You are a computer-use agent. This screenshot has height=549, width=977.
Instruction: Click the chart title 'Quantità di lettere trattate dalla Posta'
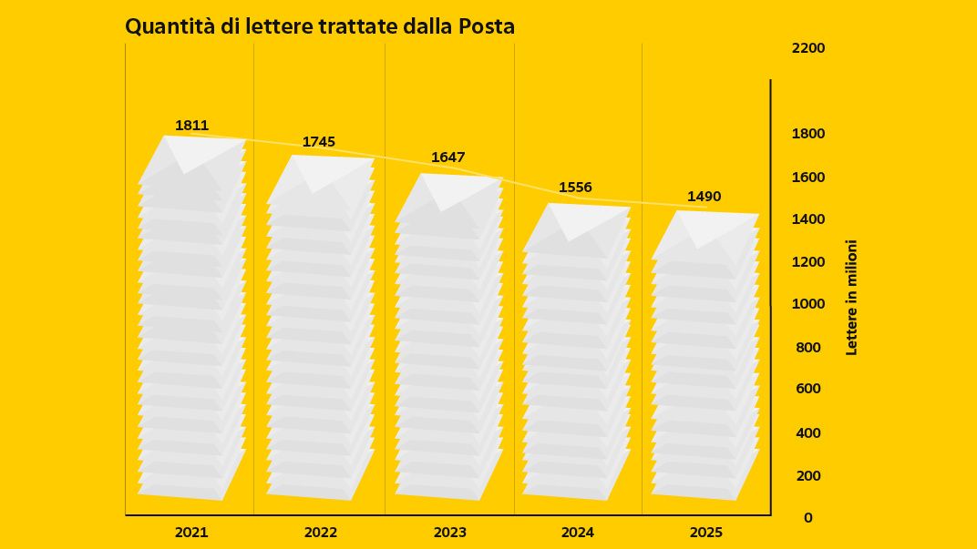[x=320, y=27]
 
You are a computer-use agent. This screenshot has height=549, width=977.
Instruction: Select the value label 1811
[x=192, y=126]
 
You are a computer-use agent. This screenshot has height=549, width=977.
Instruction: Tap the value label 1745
[x=319, y=142]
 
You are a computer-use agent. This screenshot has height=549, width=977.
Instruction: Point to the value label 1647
[x=448, y=158]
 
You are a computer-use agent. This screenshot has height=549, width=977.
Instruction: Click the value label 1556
[x=575, y=188]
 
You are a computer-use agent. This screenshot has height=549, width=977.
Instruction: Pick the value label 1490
[x=704, y=197]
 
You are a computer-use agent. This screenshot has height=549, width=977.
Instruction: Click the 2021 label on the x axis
[x=190, y=533]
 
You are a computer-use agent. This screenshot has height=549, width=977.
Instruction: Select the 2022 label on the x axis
[x=321, y=533]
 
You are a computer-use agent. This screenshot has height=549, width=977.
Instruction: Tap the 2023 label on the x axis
[x=449, y=533]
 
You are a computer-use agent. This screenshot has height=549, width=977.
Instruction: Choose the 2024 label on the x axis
[x=578, y=533]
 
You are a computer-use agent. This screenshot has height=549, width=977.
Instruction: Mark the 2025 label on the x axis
[x=706, y=533]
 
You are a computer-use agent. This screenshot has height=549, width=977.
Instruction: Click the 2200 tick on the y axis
[x=808, y=47]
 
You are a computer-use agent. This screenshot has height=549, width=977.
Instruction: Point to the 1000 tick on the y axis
[x=808, y=304]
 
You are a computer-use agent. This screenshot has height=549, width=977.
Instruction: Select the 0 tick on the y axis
[x=808, y=518]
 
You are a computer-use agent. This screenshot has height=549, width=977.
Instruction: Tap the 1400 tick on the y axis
[x=808, y=219]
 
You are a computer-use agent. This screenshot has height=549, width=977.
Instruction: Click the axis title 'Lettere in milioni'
[x=852, y=298]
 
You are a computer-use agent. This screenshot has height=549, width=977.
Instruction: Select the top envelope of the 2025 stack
[x=706, y=235]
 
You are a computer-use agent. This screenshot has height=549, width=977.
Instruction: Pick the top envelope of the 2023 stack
[x=449, y=197]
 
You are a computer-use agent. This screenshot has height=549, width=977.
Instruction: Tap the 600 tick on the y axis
[x=808, y=389]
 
